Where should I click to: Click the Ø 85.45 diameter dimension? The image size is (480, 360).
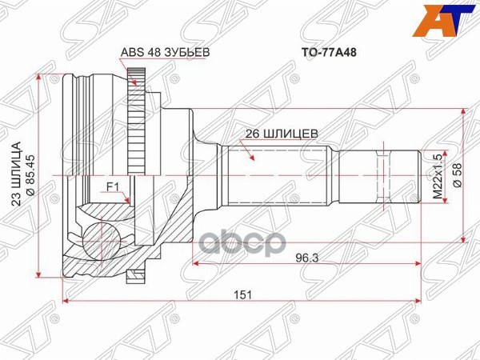coord(30,170)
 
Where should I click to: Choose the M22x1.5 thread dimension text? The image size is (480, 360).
coord(437,178)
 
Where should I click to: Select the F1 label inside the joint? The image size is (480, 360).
coord(113,189)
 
